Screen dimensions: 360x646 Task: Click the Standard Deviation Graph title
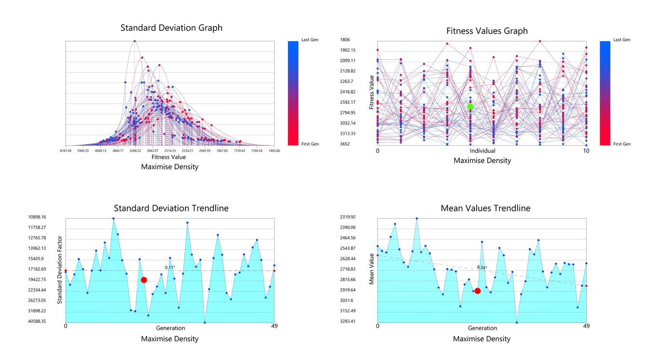[x=171, y=28]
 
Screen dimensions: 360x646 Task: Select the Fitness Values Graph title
[x=487, y=31]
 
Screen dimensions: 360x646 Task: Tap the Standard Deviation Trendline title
[x=171, y=208]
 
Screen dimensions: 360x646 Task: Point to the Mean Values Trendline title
[x=485, y=208]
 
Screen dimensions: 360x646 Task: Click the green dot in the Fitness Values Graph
[x=470, y=107]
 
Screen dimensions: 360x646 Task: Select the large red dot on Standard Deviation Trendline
[x=144, y=280]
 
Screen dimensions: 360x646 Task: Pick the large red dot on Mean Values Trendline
[x=478, y=291]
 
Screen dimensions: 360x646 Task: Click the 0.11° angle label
[x=170, y=267]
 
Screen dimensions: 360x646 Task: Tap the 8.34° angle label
[x=482, y=267]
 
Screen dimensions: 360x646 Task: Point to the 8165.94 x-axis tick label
[x=66, y=151]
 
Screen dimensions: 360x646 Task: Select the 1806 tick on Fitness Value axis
[x=345, y=40]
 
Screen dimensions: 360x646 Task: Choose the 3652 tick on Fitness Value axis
[x=345, y=144]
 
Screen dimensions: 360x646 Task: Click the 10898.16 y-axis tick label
[x=37, y=217]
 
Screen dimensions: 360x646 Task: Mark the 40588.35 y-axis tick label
[x=37, y=321]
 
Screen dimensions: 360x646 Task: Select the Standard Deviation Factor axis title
[x=60, y=270]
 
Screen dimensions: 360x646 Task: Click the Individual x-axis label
[x=482, y=151]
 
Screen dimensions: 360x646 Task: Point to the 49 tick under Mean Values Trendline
[x=586, y=327]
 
